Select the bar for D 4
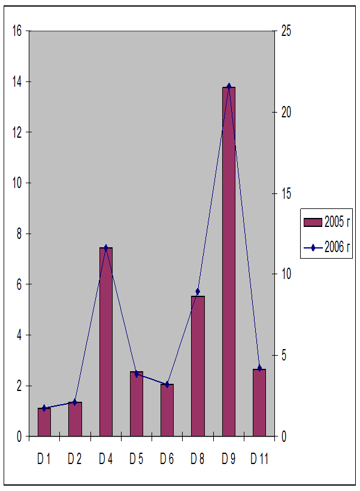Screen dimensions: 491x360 coord(106,342)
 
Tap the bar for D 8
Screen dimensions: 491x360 coord(198,366)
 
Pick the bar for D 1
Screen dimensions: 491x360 coord(44,422)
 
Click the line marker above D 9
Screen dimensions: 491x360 coord(228,86)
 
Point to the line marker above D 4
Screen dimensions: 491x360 coord(106,247)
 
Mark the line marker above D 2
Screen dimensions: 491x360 coord(75,402)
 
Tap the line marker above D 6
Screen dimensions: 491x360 coord(167,384)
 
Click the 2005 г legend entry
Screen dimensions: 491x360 coord(326,223)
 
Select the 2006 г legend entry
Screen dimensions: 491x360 coord(326,247)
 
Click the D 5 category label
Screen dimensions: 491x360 coord(136,459)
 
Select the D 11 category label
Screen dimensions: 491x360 coord(259,459)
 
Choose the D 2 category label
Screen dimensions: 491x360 coord(75,459)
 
